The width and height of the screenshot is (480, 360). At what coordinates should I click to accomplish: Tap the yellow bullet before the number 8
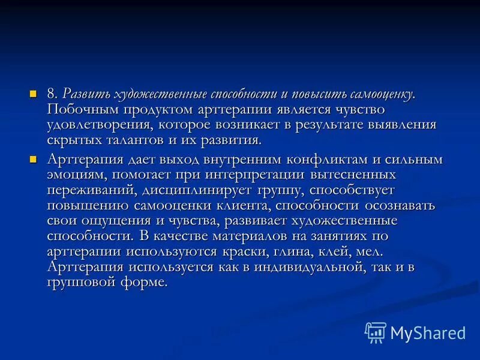[x=34, y=93]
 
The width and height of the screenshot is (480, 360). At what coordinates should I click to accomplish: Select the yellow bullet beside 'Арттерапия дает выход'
[x=34, y=159]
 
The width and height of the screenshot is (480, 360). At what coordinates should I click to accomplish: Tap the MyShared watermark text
[x=428, y=332]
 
